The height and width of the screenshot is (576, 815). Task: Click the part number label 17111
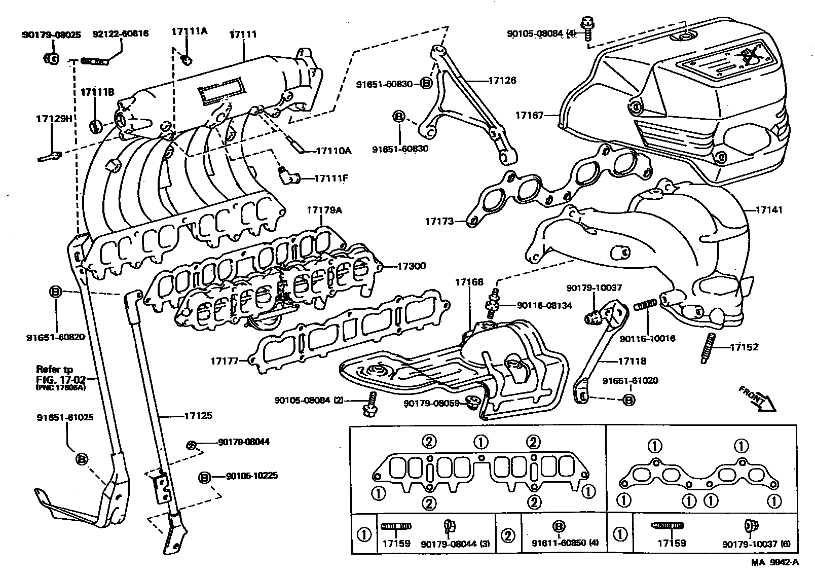pos(243,34)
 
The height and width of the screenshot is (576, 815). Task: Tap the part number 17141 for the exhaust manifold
pos(769,209)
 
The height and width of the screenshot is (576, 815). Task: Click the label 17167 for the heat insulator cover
pos(530,116)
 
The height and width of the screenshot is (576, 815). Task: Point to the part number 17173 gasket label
pos(439,221)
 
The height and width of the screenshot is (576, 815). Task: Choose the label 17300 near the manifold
pos(411,266)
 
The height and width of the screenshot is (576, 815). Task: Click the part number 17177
pos(225,361)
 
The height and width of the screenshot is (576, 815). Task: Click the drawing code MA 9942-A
pos(774,562)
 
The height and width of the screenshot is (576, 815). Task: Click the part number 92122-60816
pos(121,34)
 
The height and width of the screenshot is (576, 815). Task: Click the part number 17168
pos(469,281)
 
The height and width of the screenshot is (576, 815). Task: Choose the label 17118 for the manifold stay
pos(632,362)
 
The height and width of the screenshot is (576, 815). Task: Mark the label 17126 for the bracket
pos(502,80)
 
